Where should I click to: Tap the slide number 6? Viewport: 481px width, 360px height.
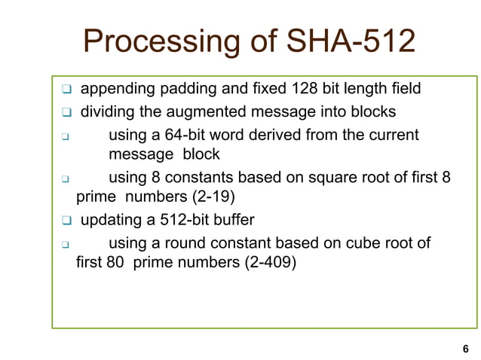[464, 349]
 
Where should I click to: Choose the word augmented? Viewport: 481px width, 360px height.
[212, 112]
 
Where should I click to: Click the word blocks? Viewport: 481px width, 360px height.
[374, 112]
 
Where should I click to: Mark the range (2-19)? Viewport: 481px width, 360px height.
[216, 197]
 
